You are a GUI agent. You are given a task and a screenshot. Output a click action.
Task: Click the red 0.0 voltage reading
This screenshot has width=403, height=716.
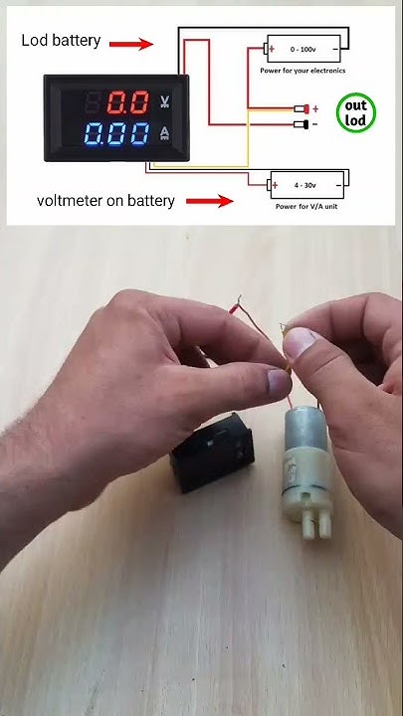tap(128, 101)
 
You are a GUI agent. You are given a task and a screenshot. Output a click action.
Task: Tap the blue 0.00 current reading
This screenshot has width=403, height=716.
tap(118, 134)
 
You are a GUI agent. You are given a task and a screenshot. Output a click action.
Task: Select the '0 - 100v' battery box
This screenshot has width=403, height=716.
tap(303, 47)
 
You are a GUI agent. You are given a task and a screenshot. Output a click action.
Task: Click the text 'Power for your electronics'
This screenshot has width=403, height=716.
tap(303, 71)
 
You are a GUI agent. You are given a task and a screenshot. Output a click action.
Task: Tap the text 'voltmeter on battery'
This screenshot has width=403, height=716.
tap(105, 201)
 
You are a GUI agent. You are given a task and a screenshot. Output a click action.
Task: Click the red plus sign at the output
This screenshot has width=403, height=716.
tap(315, 108)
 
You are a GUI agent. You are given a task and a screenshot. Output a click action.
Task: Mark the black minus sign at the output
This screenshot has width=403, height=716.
tap(315, 124)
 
